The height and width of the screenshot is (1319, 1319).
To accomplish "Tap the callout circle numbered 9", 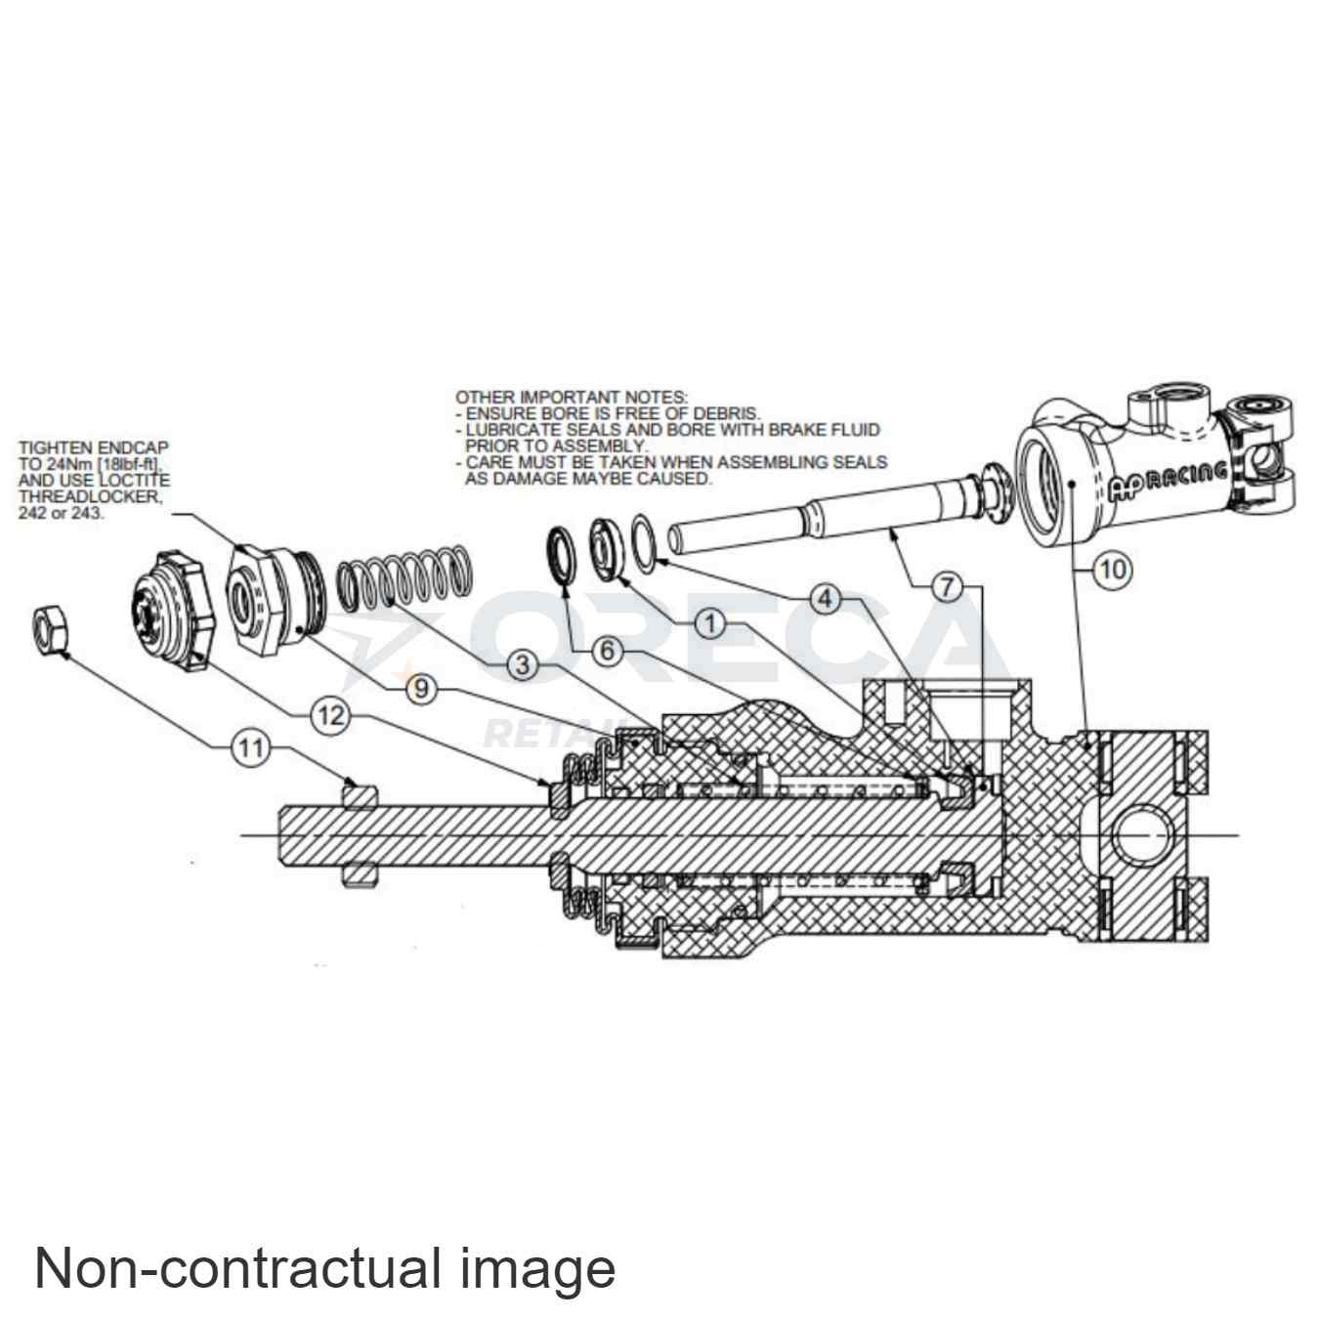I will tap(422, 688).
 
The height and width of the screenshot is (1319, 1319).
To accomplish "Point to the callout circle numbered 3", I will tap(524, 665).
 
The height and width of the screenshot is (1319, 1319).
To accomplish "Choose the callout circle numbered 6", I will tap(608, 650).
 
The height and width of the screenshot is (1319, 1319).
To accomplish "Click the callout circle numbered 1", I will tap(711, 622).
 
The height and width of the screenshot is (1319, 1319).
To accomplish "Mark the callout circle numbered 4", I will tap(826, 598).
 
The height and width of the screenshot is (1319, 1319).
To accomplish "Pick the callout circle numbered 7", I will tap(946, 587).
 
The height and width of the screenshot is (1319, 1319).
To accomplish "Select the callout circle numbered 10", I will tap(1112, 569).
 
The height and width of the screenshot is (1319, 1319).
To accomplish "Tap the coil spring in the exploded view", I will tap(405, 581).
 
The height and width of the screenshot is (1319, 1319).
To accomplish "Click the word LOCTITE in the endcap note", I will tap(136, 481).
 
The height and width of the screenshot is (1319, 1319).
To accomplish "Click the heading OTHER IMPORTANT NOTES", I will tap(572, 397).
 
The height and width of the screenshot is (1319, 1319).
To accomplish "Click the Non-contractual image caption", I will tap(324, 1268).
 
